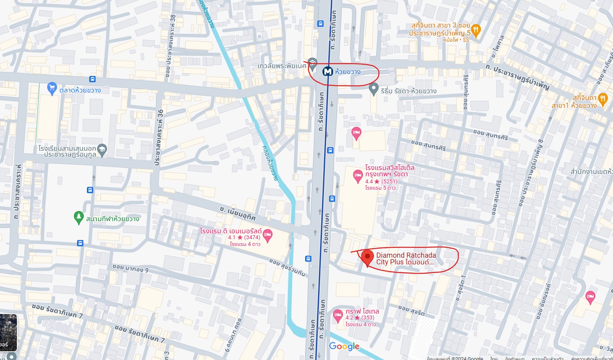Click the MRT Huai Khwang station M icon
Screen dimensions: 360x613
(328, 71)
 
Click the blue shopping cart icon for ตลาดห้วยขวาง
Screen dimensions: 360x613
(52, 89)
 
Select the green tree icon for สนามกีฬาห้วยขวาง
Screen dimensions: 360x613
(79, 217)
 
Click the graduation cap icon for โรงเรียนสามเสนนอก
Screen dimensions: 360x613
(102, 150)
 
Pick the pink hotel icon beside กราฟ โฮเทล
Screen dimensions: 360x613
(338, 315)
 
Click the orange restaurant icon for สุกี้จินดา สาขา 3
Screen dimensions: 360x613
(476, 30)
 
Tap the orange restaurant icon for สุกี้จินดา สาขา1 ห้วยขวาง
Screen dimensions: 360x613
(602, 100)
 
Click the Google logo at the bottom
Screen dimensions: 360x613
(344, 346)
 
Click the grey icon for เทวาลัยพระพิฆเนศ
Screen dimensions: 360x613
(313, 63)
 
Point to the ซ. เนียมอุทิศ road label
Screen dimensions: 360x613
(237, 213)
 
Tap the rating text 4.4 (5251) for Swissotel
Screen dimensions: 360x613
(381, 181)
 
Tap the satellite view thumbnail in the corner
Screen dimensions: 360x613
(8, 332)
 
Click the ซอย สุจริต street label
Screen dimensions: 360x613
(411, 310)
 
